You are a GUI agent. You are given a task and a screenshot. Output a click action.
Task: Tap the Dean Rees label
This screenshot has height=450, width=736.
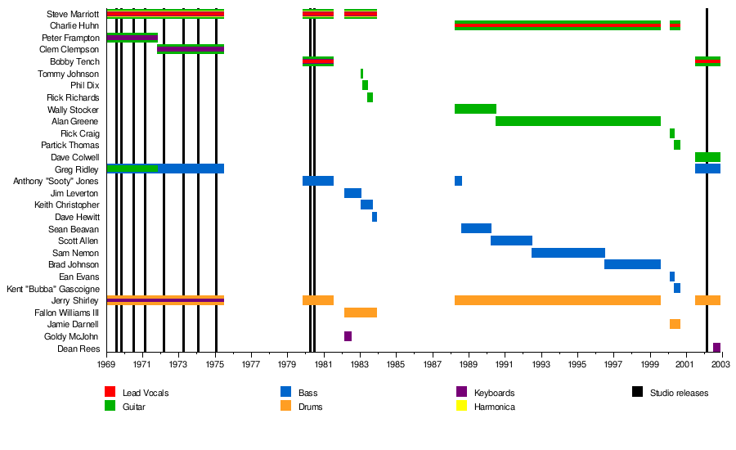pyautogui.click(x=80, y=349)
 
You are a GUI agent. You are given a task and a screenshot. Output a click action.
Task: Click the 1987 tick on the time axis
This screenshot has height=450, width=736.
pyautogui.click(x=433, y=364)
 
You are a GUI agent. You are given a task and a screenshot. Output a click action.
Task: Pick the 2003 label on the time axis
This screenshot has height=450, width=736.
pyautogui.click(x=722, y=364)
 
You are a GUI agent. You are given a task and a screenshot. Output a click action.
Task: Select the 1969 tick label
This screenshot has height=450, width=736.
pyautogui.click(x=106, y=364)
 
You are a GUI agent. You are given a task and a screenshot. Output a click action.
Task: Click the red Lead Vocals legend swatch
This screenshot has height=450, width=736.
pyautogui.click(x=110, y=393)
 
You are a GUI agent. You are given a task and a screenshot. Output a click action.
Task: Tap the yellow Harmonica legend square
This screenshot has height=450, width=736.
pyautogui.click(x=461, y=406)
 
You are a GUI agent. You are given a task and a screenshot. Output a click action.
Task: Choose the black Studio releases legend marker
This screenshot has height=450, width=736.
pyautogui.click(x=637, y=393)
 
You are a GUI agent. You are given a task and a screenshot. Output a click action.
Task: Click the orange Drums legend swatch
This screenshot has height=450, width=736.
pyautogui.click(x=285, y=406)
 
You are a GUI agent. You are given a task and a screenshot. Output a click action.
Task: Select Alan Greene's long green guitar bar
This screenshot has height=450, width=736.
pyautogui.click(x=577, y=121)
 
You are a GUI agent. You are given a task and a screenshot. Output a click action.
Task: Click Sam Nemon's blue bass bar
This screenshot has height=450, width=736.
pyautogui.click(x=568, y=253)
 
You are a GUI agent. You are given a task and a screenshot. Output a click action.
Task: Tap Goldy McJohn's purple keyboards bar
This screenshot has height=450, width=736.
pyautogui.click(x=348, y=336)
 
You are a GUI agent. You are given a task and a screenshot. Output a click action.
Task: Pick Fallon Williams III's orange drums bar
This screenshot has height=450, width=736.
pyautogui.click(x=361, y=313)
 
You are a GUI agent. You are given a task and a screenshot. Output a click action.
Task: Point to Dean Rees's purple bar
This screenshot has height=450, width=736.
pyautogui.click(x=716, y=348)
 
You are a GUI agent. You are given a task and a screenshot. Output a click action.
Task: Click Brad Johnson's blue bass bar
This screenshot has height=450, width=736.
pyautogui.click(x=632, y=264)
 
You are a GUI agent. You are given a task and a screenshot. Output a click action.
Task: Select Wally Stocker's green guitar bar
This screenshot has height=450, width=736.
pyautogui.click(x=475, y=109)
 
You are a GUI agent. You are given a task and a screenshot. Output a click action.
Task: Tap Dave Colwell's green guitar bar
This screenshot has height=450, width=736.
pyautogui.click(x=707, y=157)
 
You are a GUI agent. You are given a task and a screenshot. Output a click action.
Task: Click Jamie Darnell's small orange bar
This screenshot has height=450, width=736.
pyautogui.click(x=675, y=324)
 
